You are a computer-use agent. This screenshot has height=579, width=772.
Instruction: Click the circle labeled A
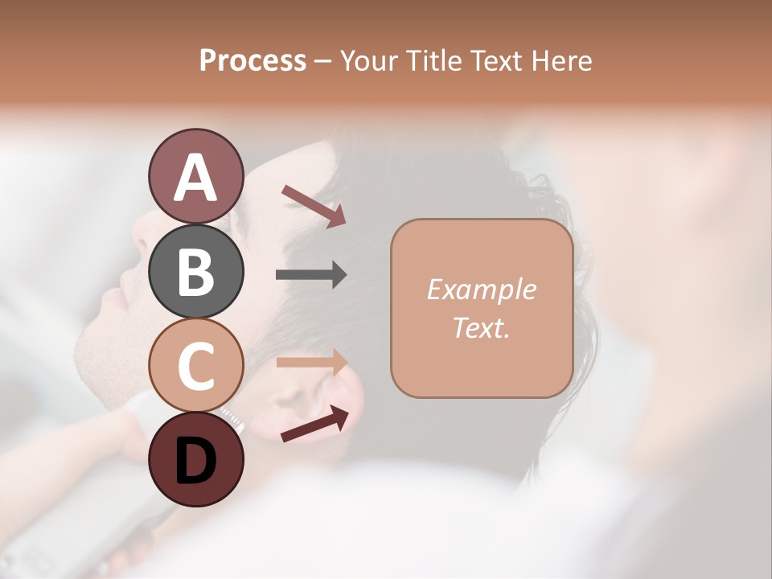(195, 176)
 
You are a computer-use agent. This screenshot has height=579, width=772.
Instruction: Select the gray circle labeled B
(195, 270)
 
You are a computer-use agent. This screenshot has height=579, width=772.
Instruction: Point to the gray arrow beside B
(311, 275)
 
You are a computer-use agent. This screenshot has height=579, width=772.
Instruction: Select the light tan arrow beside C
(311, 362)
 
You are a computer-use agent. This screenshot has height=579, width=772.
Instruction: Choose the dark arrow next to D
(314, 425)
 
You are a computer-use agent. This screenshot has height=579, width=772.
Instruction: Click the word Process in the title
(253, 60)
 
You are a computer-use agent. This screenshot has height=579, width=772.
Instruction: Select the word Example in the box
(481, 289)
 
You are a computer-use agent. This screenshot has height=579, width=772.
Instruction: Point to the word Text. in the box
(481, 327)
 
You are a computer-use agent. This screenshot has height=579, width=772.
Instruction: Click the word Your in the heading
(369, 60)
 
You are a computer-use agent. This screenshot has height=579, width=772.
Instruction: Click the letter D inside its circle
(195, 462)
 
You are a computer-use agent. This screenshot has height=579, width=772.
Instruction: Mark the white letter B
(195, 272)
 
